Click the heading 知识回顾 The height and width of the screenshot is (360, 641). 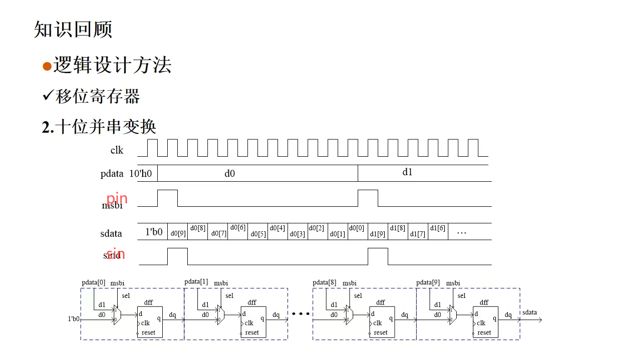click(x=73, y=30)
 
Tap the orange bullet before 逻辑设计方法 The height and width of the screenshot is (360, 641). click(x=47, y=67)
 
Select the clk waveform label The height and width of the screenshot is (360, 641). click(x=117, y=150)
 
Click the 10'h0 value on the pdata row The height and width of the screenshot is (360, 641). click(x=141, y=174)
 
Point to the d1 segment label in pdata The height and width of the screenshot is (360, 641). click(x=408, y=172)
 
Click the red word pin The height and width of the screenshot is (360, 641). click(x=117, y=199)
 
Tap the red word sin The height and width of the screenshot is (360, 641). click(x=115, y=254)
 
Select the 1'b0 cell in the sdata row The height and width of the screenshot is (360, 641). click(x=154, y=232)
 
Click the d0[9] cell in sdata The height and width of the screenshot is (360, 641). click(x=178, y=233)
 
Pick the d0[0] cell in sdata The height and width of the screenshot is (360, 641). click(x=357, y=228)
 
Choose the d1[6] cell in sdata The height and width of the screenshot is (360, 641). click(x=437, y=228)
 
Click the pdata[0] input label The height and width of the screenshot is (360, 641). click(x=94, y=283)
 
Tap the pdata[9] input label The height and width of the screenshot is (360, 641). click(x=428, y=283)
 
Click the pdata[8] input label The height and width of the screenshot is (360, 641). click(x=325, y=283)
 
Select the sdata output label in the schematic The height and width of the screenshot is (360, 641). click(x=529, y=312)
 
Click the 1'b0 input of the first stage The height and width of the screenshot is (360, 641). click(x=74, y=318)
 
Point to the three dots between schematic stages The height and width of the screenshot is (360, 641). click(x=300, y=314)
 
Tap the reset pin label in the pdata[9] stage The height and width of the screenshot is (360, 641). click(x=484, y=332)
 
